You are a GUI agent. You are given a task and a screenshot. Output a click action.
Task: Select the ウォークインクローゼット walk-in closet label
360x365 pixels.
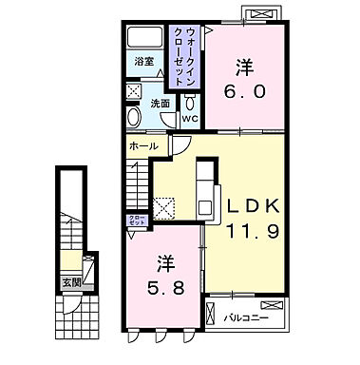pyautogui.click(x=181, y=53)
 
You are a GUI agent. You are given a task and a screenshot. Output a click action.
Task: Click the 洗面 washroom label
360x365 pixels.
pyautogui.click(x=159, y=104)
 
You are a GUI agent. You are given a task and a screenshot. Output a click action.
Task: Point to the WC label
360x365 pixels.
pyautogui.click(x=188, y=120)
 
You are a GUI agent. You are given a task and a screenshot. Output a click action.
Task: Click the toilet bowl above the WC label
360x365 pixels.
pyautogui.click(x=189, y=98)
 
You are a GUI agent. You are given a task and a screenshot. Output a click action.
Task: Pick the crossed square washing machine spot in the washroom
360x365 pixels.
pyautogui.click(x=134, y=93)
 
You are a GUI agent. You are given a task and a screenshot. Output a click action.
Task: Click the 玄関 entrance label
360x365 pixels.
pyautogui.click(x=72, y=280)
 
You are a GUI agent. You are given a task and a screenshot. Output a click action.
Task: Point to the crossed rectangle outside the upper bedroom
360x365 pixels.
pyautogui.click(x=260, y=13)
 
